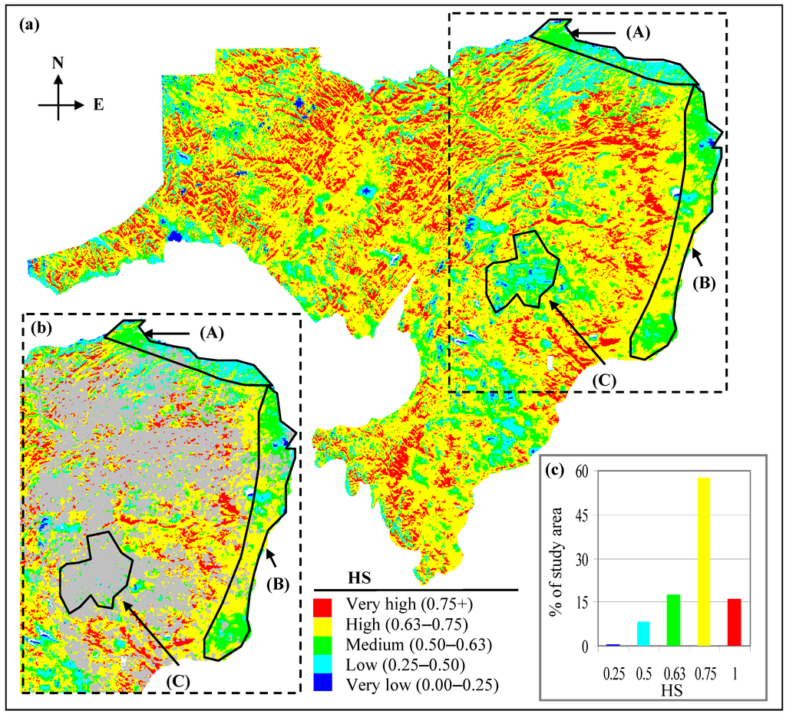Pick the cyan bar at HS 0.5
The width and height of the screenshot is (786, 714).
pyautogui.click(x=643, y=633)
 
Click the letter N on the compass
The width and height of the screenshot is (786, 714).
pyautogui.click(x=58, y=64)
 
